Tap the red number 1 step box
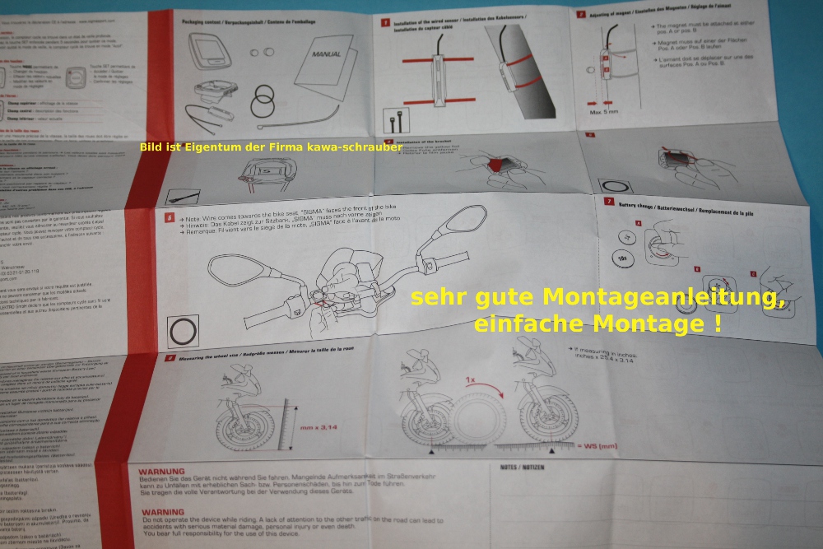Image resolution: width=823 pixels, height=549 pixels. click(384, 23)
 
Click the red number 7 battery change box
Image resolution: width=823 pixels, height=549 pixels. click(608, 200)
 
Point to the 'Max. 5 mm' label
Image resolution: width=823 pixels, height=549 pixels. click(604, 109)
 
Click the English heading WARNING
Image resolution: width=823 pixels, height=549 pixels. click(162, 511)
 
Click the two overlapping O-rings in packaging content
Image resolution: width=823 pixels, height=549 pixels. click(263, 104)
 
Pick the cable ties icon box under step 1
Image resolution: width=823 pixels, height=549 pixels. click(391, 122)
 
